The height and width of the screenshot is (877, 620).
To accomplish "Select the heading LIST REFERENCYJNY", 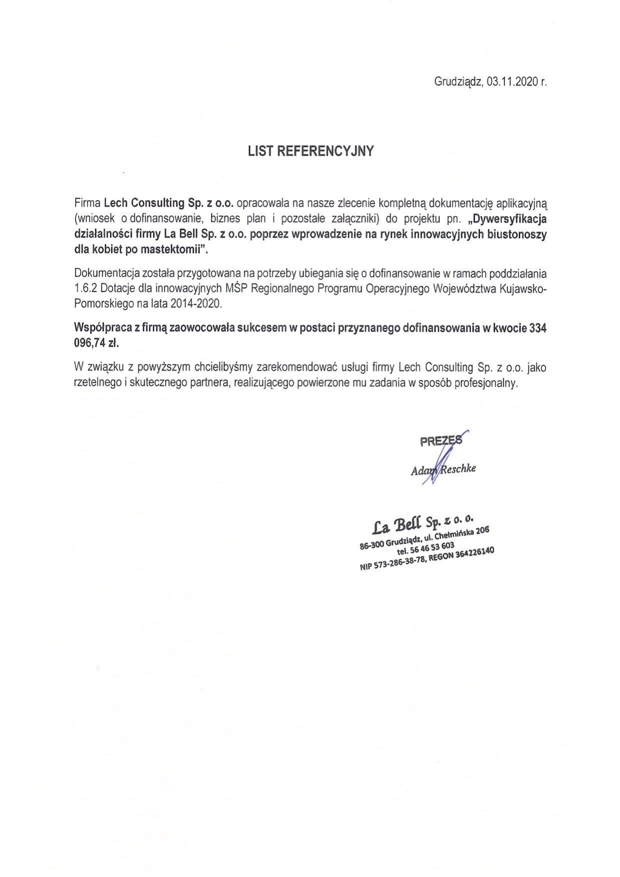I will coord(310,151).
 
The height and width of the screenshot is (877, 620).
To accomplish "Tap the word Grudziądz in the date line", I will coord(458,82).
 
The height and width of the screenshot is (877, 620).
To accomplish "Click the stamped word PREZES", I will coord(440,441).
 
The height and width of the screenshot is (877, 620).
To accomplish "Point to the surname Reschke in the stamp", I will coord(457,468).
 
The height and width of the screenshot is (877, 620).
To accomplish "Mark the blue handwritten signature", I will coord(440,460).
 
